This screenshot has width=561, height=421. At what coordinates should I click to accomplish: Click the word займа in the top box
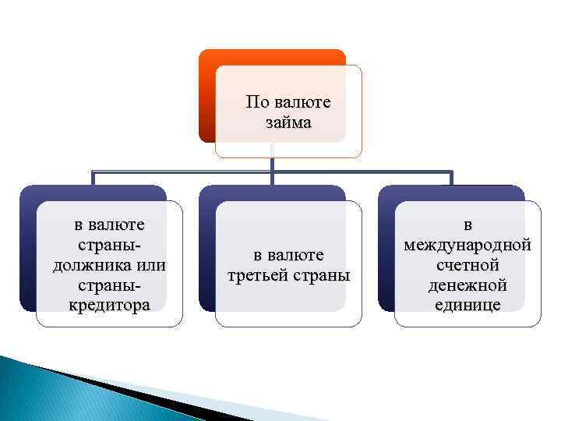click(288, 122)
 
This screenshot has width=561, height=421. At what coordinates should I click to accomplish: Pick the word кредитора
click(108, 304)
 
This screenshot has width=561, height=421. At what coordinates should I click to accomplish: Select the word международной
click(467, 245)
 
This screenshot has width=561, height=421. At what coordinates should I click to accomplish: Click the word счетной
click(467, 264)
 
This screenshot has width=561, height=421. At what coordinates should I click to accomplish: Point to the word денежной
click(467, 285)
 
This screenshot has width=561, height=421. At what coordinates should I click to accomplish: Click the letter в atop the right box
click(467, 225)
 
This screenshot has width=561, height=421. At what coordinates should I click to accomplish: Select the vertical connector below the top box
click(272, 164)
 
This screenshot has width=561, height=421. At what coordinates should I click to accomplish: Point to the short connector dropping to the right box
click(450, 178)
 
